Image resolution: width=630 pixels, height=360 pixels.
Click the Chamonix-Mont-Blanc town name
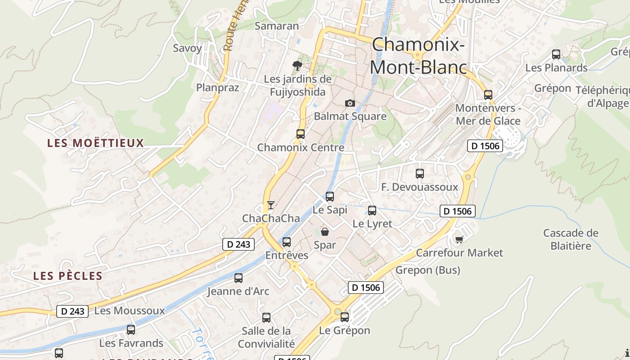click(x=418, y=56)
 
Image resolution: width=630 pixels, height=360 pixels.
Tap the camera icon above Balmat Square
click(x=350, y=103)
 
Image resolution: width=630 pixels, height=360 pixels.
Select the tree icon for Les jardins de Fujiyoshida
click(x=297, y=66)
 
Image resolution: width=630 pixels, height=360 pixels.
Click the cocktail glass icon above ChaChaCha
click(x=270, y=205)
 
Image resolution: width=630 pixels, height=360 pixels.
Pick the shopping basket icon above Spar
click(x=325, y=232)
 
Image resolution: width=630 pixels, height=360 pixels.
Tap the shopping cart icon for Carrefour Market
click(x=459, y=239)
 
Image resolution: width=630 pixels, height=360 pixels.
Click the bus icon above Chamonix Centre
click(x=300, y=134)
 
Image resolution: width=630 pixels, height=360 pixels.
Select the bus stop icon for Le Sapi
click(x=330, y=196)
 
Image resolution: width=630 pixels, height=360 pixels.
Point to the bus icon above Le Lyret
click(x=372, y=210)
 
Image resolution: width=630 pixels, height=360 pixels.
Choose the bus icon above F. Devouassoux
click(x=420, y=173)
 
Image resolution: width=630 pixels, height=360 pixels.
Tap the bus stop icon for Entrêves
click(x=287, y=242)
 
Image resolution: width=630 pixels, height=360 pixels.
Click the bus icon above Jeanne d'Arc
click(x=238, y=278)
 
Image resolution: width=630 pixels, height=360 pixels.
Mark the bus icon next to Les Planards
click(x=556, y=54)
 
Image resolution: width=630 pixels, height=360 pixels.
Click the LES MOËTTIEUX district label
click(x=95, y=143)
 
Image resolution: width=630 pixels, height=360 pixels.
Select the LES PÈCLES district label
click(x=68, y=276)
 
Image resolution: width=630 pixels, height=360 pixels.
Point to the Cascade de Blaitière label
click(x=571, y=239)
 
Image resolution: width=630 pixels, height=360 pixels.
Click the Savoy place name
click(x=187, y=48)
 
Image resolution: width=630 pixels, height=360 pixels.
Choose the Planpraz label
click(x=217, y=87)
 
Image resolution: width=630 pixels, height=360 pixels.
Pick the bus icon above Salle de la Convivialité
click(x=266, y=318)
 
